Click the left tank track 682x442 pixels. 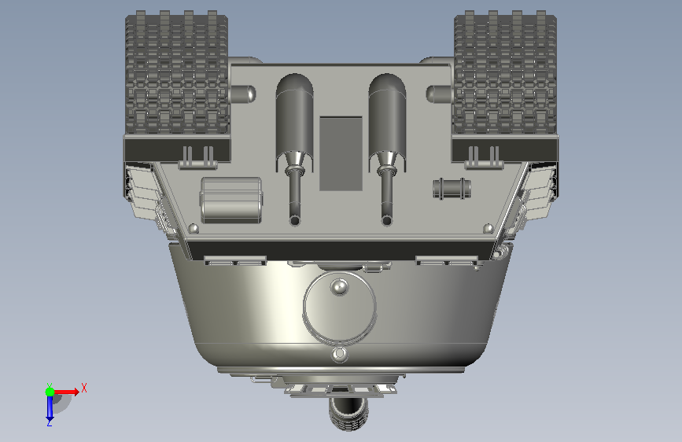pos(176,73)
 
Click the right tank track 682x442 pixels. pos(505,73)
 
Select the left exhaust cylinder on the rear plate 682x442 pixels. pos(294,123)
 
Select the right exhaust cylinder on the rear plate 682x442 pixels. pos(387,123)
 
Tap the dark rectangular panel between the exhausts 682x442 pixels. pos(341,153)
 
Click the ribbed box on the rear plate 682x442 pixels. pos(231,200)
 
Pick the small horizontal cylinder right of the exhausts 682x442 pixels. pos(452,189)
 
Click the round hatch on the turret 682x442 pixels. pos(340,308)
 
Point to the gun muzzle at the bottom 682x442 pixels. pos(348,414)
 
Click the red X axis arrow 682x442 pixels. pos(65,392)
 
